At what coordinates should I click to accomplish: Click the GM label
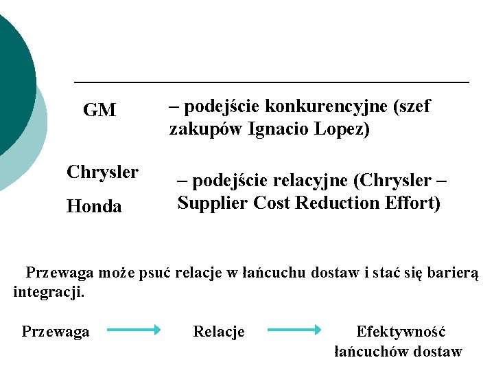[x=99, y=111]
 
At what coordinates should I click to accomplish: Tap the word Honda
[x=94, y=206]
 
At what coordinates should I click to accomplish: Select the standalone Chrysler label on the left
[x=102, y=172]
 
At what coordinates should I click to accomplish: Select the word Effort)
[x=412, y=203]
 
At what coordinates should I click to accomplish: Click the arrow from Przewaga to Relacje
[x=134, y=330]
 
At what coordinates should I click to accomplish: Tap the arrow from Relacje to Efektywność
[x=294, y=330]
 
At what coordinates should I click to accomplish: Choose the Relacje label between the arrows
[x=219, y=332]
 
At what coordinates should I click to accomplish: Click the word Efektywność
[x=401, y=332]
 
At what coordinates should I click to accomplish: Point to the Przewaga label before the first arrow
[x=56, y=332]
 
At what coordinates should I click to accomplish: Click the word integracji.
[x=49, y=292]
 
